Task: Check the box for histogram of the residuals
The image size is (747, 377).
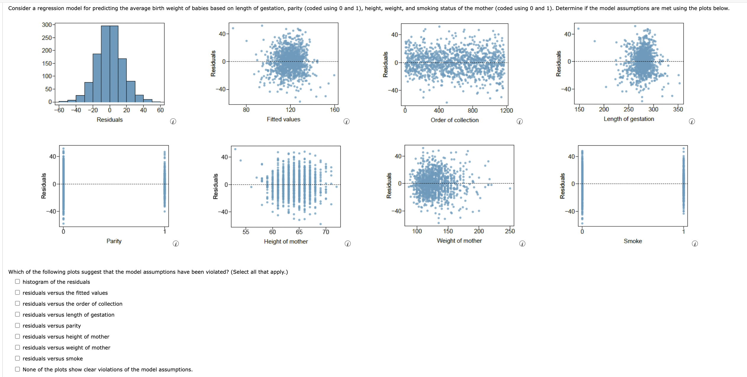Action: click(17, 282)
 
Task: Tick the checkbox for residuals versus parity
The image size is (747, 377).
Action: click(17, 326)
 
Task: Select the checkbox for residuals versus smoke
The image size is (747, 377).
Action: click(17, 358)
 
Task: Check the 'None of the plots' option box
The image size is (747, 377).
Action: click(17, 369)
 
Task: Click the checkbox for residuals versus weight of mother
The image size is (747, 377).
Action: click(17, 347)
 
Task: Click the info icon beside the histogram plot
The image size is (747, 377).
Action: click(173, 122)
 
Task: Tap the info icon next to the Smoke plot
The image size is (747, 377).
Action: click(695, 244)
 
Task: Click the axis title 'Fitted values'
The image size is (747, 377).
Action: click(283, 119)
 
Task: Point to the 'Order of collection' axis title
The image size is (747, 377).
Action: click(454, 120)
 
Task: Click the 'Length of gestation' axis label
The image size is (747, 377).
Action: click(629, 119)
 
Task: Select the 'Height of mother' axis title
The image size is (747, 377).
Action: click(286, 241)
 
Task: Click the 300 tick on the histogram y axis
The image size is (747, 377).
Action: click(46, 25)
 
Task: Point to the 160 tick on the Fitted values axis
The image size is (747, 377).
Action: click(334, 110)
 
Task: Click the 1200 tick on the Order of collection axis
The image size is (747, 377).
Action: click(506, 111)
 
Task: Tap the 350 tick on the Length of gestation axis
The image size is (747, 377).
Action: click(678, 109)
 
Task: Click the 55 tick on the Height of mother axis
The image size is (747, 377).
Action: click(246, 232)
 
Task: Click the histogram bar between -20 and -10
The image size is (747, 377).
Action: click(97, 78)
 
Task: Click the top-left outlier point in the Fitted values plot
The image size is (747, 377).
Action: click(233, 28)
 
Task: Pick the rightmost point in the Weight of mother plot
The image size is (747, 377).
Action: click(510, 188)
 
